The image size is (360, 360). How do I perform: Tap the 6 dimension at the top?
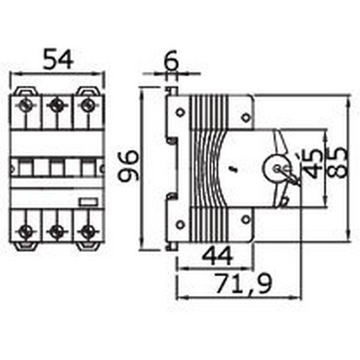[x=172, y=62]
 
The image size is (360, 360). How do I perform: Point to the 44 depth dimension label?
[x=217, y=256]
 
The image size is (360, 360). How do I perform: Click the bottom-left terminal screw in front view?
[x=24, y=230]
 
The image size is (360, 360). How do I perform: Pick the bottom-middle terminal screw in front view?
[x=55, y=230]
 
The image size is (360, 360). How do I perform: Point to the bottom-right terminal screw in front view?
[x=86, y=230]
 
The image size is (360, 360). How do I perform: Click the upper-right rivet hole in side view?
[x=246, y=117]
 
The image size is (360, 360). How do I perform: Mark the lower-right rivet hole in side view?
[x=246, y=219]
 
